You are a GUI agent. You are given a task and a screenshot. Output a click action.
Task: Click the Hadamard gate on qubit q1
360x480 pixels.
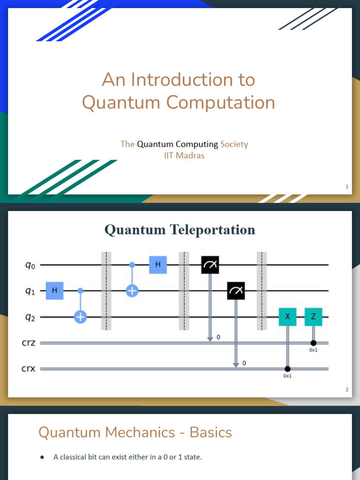pos(54,291)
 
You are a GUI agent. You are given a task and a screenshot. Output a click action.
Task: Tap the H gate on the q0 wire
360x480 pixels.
pos(158,265)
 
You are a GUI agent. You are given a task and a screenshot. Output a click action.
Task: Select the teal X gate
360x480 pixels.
pos(287,317)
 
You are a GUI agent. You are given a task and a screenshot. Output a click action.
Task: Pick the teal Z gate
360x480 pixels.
pos(313,317)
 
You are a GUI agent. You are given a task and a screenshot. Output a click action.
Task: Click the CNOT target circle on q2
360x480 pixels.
pos(81,317)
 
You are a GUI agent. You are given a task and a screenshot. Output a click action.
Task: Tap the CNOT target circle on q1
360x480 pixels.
pos(132,291)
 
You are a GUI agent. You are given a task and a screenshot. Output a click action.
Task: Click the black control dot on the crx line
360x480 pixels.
pos(287,369)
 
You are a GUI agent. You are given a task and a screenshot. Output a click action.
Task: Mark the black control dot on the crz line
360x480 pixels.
pos(313,343)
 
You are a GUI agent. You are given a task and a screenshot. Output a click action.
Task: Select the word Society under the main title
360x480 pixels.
pos(234,144)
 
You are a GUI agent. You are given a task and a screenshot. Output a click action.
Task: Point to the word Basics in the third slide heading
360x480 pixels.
pos(210,432)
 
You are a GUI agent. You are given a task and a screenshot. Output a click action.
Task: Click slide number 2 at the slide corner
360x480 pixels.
pos(347,390)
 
